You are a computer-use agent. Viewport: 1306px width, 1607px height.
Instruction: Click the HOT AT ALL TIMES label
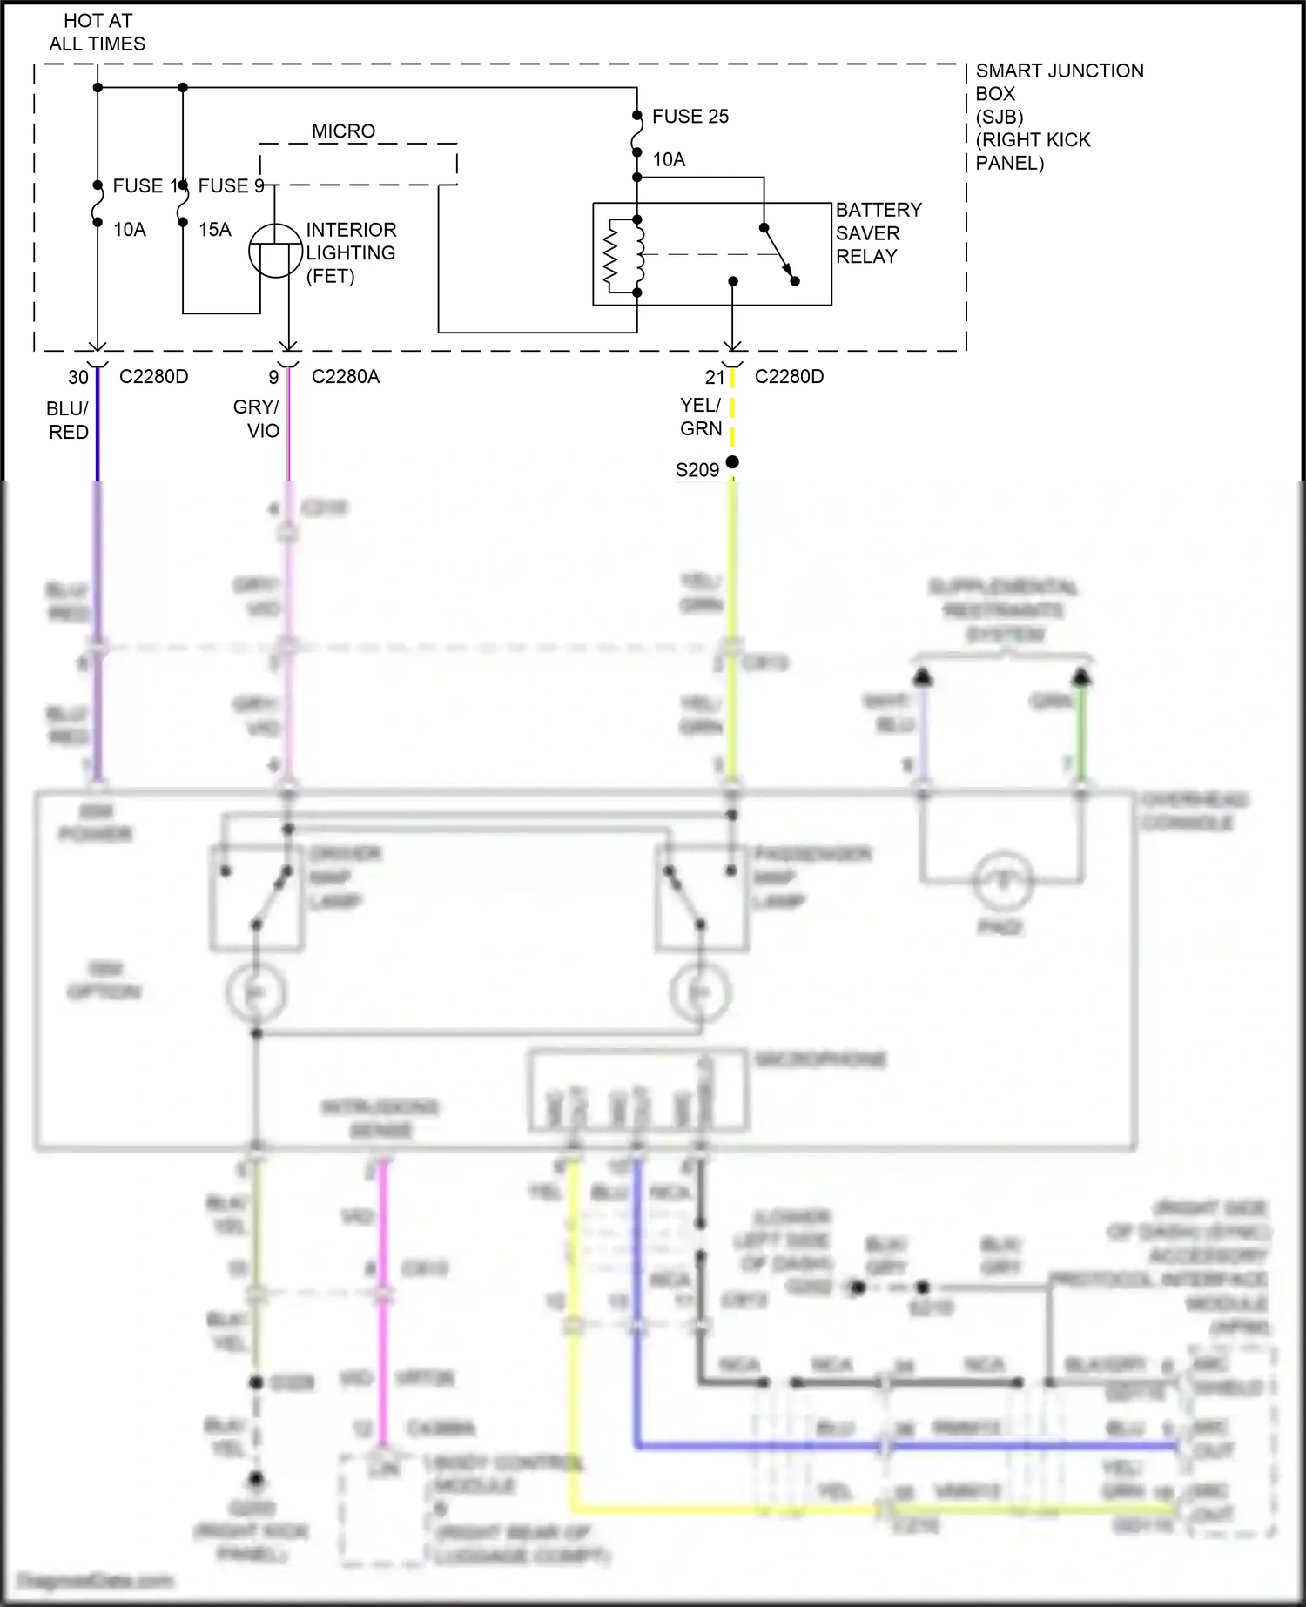tap(97, 32)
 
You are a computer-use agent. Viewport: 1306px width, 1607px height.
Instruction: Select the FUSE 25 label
tap(690, 117)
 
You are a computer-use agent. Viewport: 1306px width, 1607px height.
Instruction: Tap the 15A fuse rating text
tap(215, 230)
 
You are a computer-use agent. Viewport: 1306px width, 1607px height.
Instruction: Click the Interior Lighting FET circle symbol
tap(275, 251)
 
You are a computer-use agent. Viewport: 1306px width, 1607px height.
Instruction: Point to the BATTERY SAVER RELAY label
tap(878, 233)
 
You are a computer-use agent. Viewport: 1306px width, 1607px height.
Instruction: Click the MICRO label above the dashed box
tap(343, 131)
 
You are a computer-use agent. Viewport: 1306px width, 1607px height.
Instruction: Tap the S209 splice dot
tap(732, 462)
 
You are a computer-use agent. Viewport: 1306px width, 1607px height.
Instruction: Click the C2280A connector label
tap(345, 377)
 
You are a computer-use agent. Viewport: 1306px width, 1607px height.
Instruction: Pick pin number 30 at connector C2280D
tap(78, 378)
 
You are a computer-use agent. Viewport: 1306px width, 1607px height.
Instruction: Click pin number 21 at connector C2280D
tap(715, 378)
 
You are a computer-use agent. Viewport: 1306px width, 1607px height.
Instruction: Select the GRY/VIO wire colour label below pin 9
tap(257, 419)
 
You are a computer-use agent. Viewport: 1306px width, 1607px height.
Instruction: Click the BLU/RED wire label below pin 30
tap(68, 420)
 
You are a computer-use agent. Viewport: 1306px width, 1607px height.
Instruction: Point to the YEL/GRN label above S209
tap(701, 417)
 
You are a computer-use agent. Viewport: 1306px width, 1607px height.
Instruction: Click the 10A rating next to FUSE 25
tap(669, 160)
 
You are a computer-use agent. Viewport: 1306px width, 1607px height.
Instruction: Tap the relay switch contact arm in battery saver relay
tap(779, 254)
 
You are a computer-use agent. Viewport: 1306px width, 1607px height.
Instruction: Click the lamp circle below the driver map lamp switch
tap(256, 992)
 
